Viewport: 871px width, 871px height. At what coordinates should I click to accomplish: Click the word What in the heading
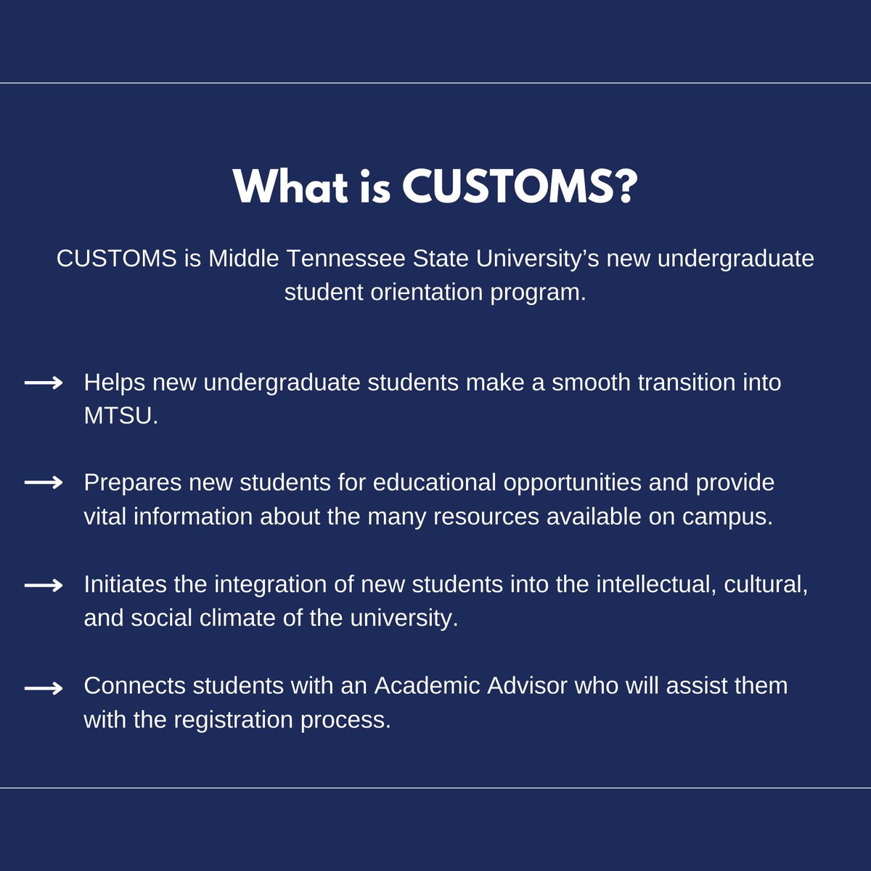pyautogui.click(x=291, y=187)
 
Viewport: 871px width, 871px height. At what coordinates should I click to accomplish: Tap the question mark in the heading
pyautogui.click(x=623, y=187)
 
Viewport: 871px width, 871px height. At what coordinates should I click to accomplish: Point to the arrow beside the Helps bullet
pyautogui.click(x=44, y=383)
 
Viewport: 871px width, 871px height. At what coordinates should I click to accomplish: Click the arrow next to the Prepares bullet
pyautogui.click(x=44, y=483)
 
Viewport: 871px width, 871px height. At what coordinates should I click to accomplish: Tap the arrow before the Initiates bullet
pyautogui.click(x=44, y=585)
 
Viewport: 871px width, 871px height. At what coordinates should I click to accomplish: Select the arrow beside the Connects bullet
pyautogui.click(x=44, y=687)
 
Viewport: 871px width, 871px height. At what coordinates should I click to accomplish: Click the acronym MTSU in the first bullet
pyautogui.click(x=120, y=416)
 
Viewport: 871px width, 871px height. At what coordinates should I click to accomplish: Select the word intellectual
pyautogui.click(x=647, y=584)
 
